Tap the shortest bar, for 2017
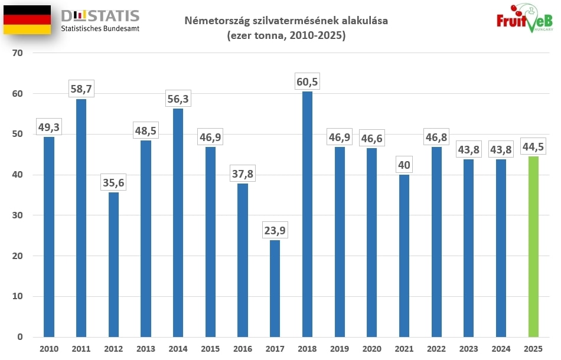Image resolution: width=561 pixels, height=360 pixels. tap(275, 289)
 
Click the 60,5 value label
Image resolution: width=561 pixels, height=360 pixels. tap(307, 82)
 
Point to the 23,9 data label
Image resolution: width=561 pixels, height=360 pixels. tap(275, 231)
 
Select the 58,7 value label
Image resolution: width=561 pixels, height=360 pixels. tap(81, 89)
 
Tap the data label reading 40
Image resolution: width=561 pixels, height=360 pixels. tap(404, 165)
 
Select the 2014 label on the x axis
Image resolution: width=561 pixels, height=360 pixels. tap(178, 349)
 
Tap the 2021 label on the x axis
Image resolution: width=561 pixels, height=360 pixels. tap(404, 349)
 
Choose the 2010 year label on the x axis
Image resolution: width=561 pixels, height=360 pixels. tap(48, 349)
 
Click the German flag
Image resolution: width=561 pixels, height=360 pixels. tap(27, 20)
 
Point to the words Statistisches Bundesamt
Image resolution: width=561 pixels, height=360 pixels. tap(100, 28)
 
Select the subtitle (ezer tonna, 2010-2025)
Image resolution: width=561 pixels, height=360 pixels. tap(286, 35)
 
